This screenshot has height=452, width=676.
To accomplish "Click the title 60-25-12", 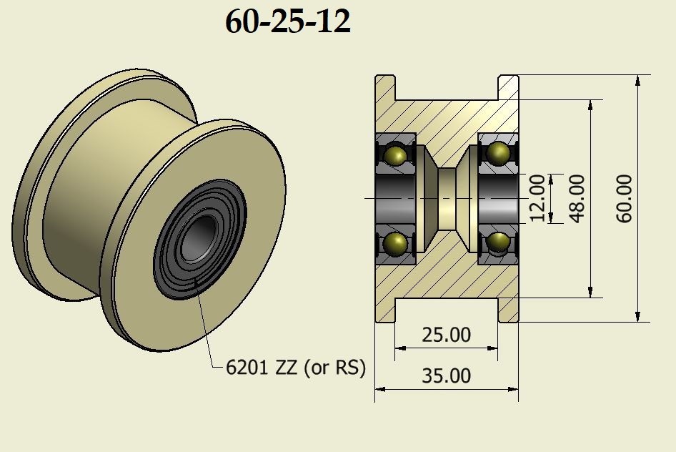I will click(x=287, y=23).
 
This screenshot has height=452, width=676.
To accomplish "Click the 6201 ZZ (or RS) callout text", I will click(x=295, y=368).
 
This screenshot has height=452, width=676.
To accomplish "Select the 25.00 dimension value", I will click(x=446, y=335).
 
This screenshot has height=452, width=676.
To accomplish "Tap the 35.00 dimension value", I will click(x=446, y=375).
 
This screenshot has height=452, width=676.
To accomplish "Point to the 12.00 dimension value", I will click(x=537, y=198).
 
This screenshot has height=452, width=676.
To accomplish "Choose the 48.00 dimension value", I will click(x=577, y=198).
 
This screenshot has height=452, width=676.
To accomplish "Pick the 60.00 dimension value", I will click(x=623, y=198).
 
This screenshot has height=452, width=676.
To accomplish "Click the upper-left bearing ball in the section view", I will click(x=395, y=154).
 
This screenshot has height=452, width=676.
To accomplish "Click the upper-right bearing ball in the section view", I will click(x=497, y=152).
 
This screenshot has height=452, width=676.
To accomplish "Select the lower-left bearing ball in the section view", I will click(x=395, y=244).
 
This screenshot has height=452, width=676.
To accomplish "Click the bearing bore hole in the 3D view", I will click(x=195, y=244).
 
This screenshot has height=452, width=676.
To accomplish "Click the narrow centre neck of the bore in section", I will click(x=447, y=198).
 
